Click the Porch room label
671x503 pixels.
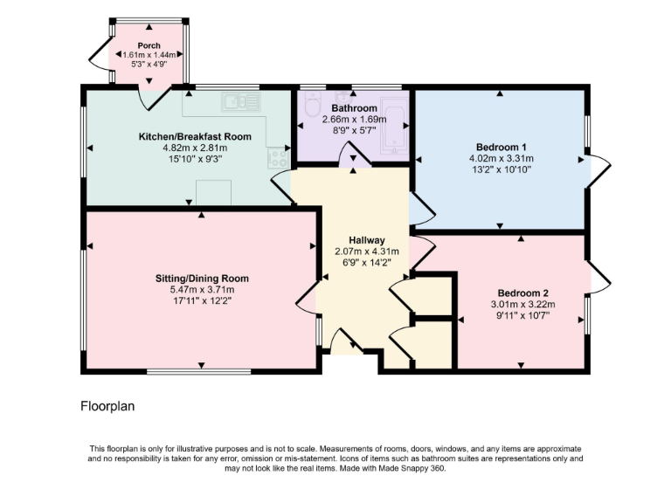149,45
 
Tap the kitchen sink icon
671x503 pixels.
239,101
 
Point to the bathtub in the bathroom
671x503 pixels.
394,127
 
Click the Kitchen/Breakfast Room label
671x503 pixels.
195,137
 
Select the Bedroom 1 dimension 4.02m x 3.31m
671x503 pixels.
501,158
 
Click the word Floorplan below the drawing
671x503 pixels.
107,406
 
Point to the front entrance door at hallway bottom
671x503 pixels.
343,342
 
